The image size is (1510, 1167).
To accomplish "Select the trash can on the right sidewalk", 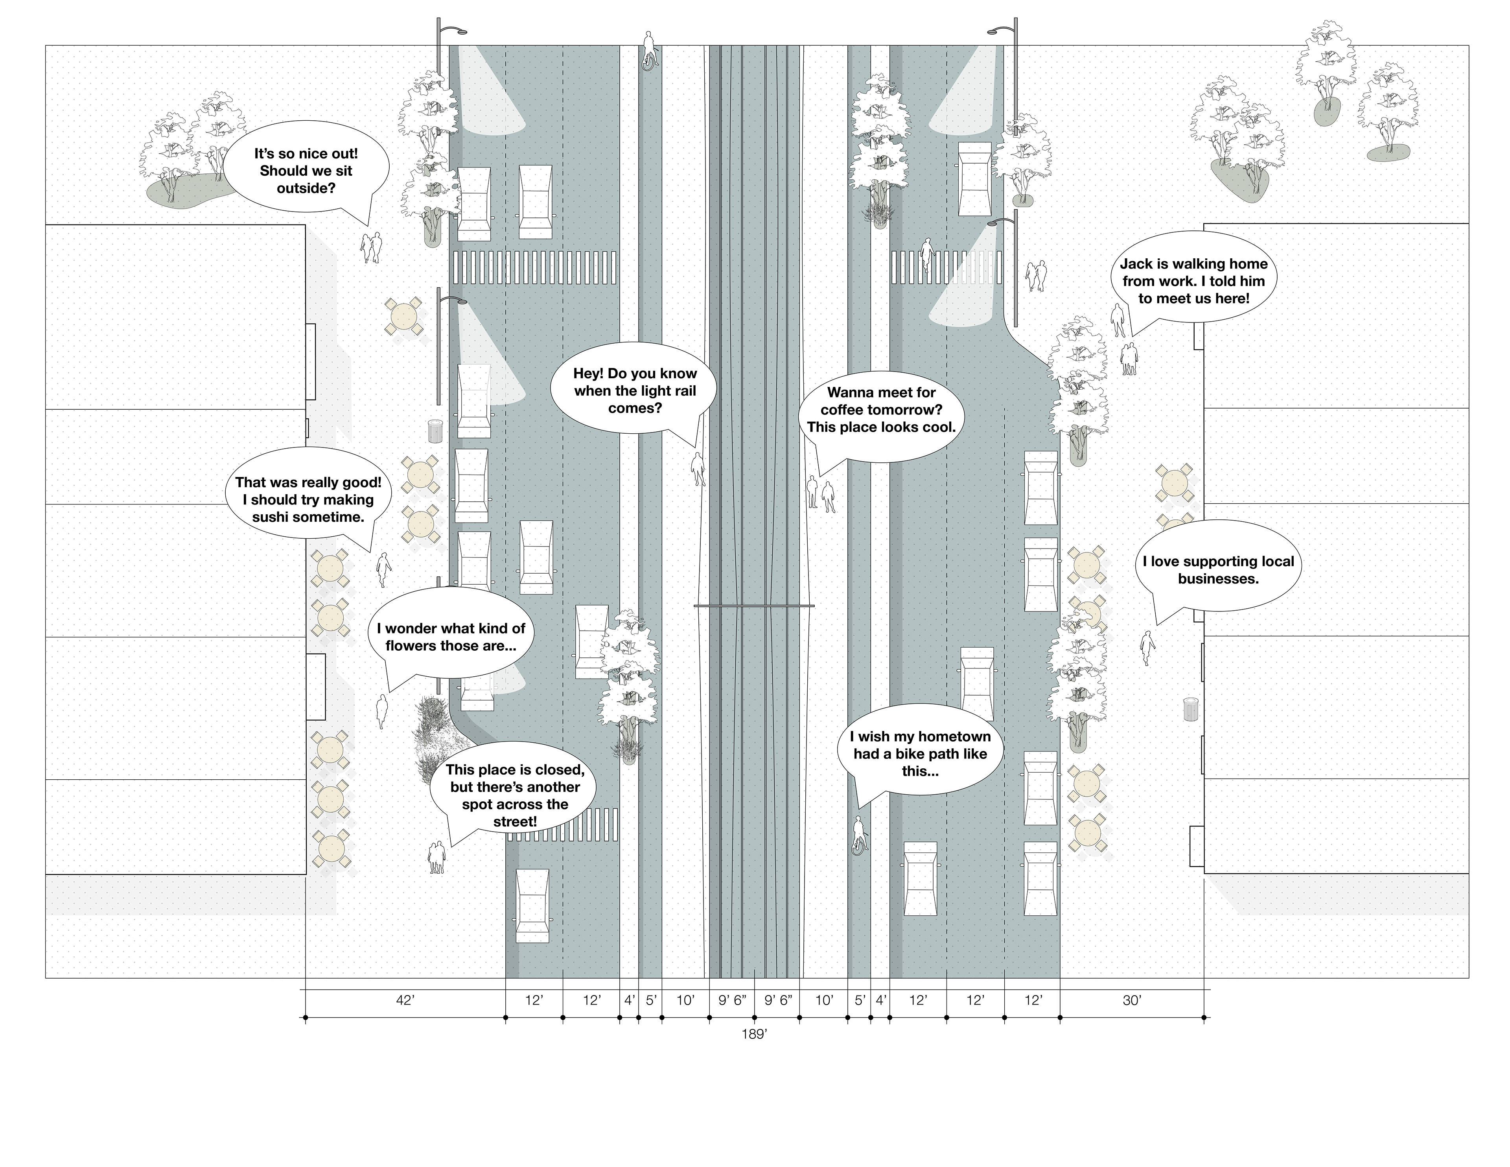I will pyautogui.click(x=1190, y=709).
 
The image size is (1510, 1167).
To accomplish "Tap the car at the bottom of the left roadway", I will pyautogui.click(x=532, y=906).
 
